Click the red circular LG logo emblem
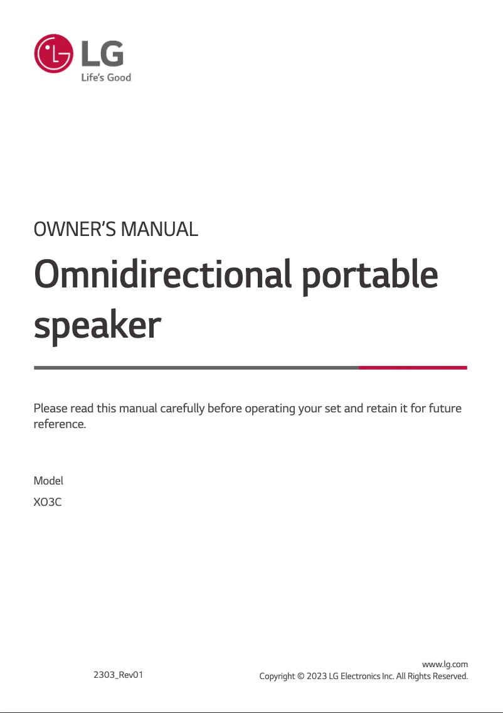53,53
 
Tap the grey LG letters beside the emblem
102,53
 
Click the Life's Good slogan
107,77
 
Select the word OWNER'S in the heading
75,228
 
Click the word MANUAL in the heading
159,228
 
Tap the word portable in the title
370,276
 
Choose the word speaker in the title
97,326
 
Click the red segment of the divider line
413,367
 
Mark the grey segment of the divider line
196,367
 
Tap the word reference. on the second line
60,424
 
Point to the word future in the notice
446,408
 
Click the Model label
48,481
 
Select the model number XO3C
47,502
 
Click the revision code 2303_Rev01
118,675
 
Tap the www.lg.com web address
445,664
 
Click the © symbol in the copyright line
301,676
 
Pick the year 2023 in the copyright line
317,676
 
